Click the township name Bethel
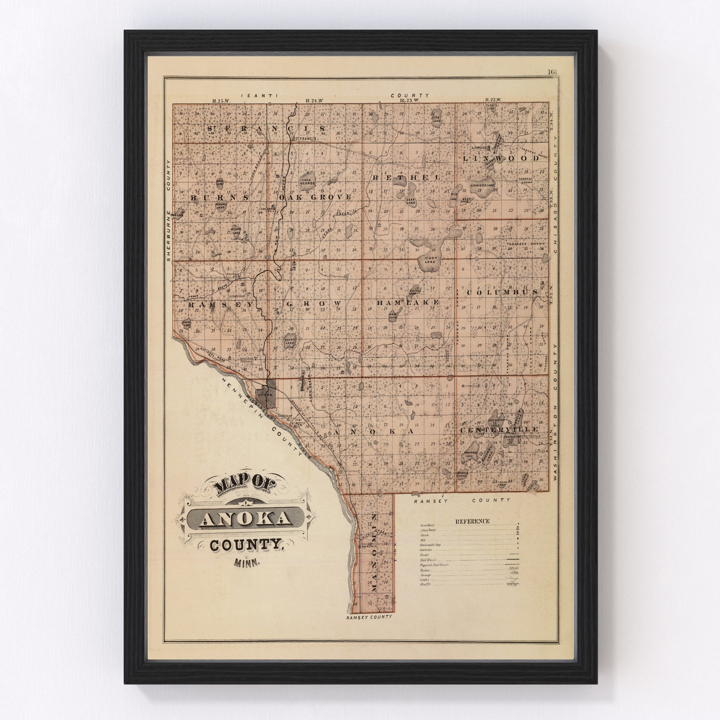(x=406, y=178)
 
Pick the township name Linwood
(x=501, y=158)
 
